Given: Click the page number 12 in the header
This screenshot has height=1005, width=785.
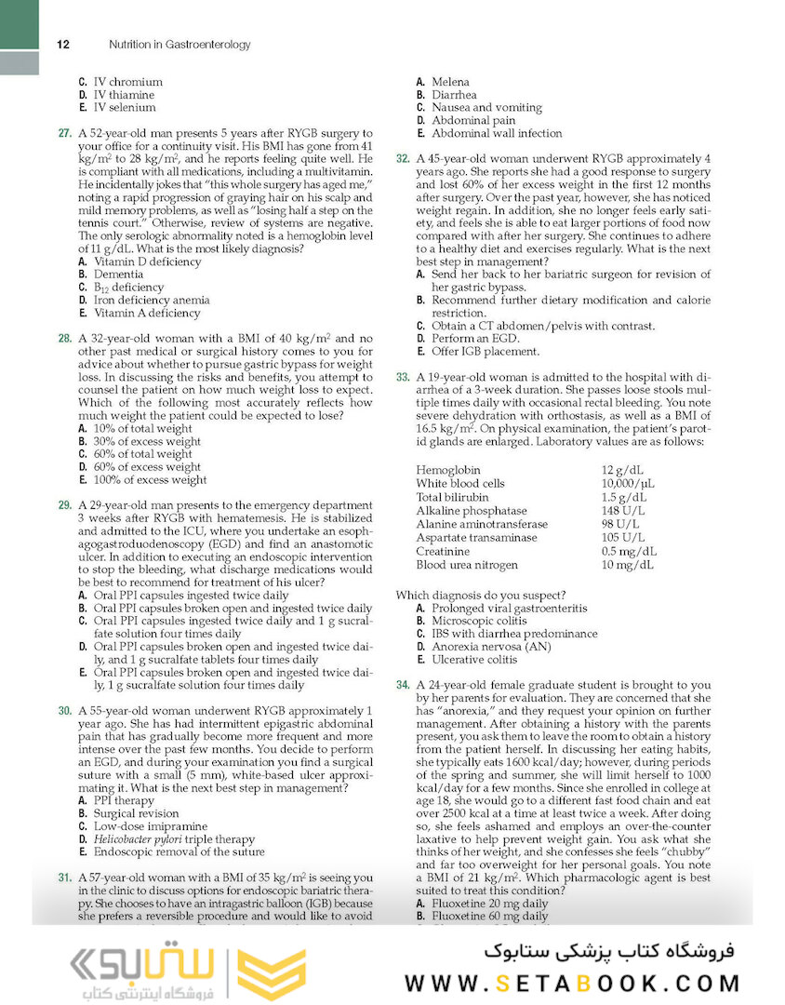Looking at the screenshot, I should click(x=63, y=44).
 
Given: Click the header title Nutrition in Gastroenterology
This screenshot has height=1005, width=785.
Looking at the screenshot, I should click(x=180, y=44).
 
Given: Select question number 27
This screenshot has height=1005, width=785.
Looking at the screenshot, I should click(x=65, y=134).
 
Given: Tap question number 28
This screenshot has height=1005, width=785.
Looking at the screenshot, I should click(x=65, y=339).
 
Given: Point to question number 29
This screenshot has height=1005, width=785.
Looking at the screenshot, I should click(x=65, y=505).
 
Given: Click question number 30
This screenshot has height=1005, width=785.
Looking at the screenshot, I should click(x=65, y=710).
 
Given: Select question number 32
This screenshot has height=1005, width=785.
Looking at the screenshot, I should click(x=403, y=159).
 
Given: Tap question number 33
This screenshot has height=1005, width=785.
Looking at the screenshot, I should click(x=403, y=378).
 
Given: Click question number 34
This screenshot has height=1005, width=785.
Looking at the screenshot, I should click(x=403, y=685).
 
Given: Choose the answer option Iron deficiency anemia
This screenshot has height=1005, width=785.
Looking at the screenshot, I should click(x=152, y=301).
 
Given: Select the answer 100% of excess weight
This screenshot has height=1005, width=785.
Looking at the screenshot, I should click(x=150, y=480).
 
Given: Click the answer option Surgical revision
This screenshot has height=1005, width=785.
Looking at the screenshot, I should click(x=136, y=813).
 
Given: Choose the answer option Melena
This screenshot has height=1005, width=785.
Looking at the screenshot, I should click(x=450, y=82).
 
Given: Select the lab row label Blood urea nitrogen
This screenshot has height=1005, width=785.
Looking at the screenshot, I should click(x=467, y=565).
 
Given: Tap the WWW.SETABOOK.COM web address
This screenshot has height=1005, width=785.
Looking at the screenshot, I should click(x=572, y=983).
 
